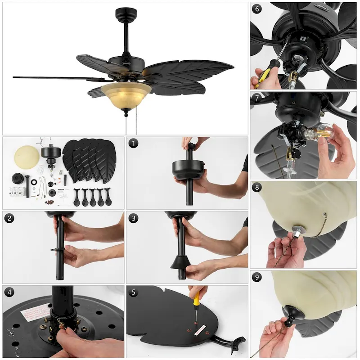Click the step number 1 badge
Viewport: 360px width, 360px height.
(x=133, y=144)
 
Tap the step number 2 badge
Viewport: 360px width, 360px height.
(x=9, y=218)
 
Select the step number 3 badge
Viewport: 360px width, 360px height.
(x=133, y=218)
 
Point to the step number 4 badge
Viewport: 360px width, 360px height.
(x=9, y=292)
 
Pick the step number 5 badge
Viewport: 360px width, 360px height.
(x=133, y=292)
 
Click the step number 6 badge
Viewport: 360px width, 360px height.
(x=257, y=9)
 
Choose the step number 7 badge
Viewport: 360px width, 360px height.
(x=257, y=98)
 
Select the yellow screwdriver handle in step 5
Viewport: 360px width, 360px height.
(x=197, y=297)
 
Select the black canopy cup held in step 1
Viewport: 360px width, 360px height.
(x=189, y=168)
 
